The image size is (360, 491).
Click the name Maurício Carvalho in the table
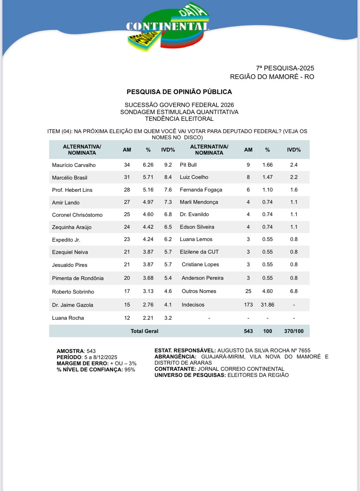coord(74,165)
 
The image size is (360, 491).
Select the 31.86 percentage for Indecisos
coord(267,305)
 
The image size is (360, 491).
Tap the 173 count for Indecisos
coord(248,305)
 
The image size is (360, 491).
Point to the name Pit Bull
coord(188,165)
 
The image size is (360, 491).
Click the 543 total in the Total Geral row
coord(248,331)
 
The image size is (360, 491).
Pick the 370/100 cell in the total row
coord(294,331)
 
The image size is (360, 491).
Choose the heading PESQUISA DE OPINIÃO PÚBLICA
coord(179,92)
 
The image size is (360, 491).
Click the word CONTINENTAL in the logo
coord(168,27)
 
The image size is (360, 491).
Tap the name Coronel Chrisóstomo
coord(77,215)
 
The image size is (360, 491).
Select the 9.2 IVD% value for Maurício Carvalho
coord(168,165)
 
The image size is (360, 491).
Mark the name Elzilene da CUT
coord(199,252)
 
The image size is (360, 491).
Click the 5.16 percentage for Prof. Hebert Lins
coord(148,190)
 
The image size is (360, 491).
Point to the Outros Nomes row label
coord(199,291)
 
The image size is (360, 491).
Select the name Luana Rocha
coord(68,318)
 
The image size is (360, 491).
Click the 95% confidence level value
coord(130,370)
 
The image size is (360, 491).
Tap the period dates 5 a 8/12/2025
coord(101,357)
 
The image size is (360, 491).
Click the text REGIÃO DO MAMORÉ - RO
coord(272,77)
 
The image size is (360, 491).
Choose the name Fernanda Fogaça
coord(201,190)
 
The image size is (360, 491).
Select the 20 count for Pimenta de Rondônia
coord(127,278)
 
